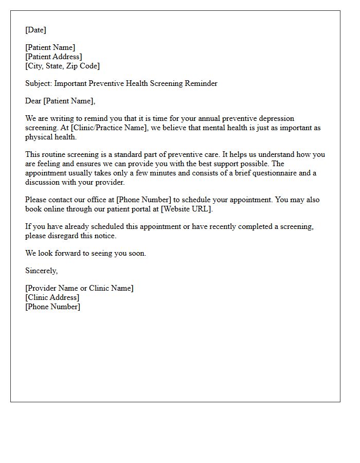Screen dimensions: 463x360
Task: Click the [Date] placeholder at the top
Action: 35,30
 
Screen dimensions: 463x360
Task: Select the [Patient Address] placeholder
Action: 53,57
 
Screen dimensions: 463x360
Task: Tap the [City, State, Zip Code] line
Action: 62,66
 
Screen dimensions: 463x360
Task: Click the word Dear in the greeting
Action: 33,101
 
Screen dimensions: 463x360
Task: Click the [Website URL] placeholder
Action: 187,209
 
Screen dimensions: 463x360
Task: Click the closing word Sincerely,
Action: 42,271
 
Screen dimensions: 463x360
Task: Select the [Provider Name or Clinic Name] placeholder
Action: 79,288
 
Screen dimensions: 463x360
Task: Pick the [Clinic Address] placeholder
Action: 52,297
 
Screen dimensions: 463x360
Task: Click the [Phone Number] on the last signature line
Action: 52,307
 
